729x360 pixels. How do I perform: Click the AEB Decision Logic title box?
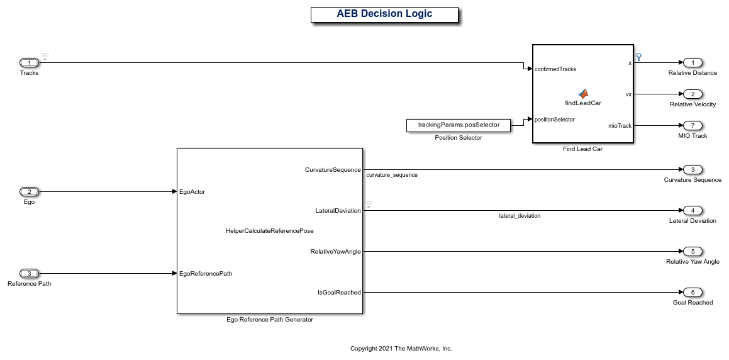[x=384, y=14]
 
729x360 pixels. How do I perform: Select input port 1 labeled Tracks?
[x=29, y=62]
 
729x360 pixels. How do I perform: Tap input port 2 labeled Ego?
[x=29, y=191]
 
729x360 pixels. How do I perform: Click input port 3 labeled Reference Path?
[x=29, y=273]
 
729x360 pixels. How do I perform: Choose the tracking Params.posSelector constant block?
[x=459, y=125]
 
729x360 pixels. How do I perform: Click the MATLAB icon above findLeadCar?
[x=583, y=94]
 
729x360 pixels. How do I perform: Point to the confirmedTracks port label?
[x=555, y=69]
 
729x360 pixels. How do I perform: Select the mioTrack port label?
[x=619, y=126]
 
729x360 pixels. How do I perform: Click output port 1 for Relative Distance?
[x=693, y=62]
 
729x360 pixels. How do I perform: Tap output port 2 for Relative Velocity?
[x=693, y=94]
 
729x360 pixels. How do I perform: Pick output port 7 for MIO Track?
[x=693, y=125]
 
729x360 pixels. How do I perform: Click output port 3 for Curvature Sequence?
[x=693, y=169]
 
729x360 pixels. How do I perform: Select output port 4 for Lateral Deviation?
[x=693, y=210]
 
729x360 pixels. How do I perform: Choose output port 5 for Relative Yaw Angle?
[x=693, y=251]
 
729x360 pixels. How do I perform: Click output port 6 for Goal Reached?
[x=693, y=292]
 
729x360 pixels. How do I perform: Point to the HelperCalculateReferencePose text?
[x=269, y=231]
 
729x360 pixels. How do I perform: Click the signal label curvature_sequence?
[x=391, y=175]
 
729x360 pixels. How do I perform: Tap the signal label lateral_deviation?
[x=520, y=216]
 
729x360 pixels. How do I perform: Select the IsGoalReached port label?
[x=339, y=292]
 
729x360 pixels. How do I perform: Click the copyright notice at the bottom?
[x=401, y=348]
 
